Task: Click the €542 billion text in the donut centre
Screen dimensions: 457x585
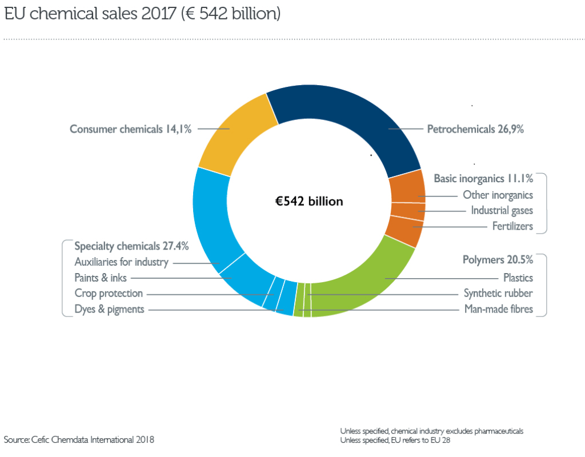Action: [309, 201]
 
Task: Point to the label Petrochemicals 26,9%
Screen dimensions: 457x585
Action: [475, 129]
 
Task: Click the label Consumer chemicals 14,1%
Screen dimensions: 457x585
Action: [130, 129]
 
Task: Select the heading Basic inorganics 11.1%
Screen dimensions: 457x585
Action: [483, 178]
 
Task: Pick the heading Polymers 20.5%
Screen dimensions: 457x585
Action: [498, 259]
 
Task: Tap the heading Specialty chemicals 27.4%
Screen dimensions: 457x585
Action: [131, 246]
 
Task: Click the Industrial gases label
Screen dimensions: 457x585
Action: [502, 211]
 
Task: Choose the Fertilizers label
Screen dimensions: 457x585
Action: [512, 226]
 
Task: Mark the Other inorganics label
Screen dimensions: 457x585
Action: [498, 195]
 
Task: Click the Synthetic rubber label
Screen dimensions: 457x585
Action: [498, 294]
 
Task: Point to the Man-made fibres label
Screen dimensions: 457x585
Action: [498, 309]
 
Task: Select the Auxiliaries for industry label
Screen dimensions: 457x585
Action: [122, 262]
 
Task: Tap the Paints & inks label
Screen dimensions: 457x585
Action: [101, 278]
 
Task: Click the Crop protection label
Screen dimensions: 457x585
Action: [109, 294]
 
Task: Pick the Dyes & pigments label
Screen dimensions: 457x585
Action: [109, 309]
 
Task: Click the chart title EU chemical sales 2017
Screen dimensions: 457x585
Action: [142, 14]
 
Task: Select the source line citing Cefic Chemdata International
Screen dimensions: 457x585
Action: [79, 439]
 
